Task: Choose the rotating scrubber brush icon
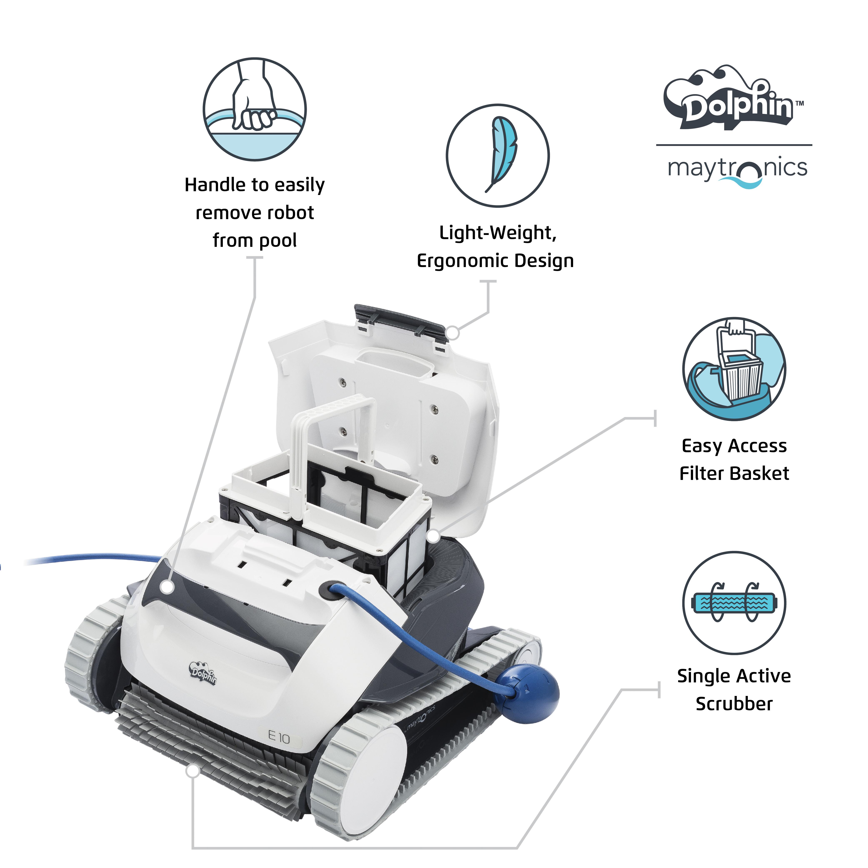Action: click(734, 603)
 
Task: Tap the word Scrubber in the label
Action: click(734, 704)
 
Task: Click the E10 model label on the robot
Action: click(279, 737)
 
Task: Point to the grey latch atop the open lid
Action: click(400, 318)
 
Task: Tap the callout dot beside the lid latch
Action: click(453, 333)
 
